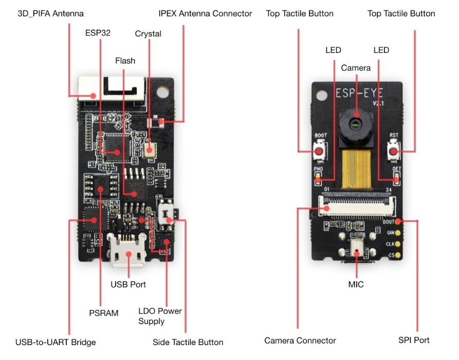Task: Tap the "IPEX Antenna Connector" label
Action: [205, 13]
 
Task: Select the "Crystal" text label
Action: [148, 34]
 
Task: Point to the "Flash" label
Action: [125, 61]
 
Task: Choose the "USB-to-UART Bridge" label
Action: [56, 342]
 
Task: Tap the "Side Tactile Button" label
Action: [188, 342]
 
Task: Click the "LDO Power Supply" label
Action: [160, 316]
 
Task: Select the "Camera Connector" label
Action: [300, 340]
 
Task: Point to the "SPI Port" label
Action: [414, 340]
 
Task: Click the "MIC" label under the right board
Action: [356, 284]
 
